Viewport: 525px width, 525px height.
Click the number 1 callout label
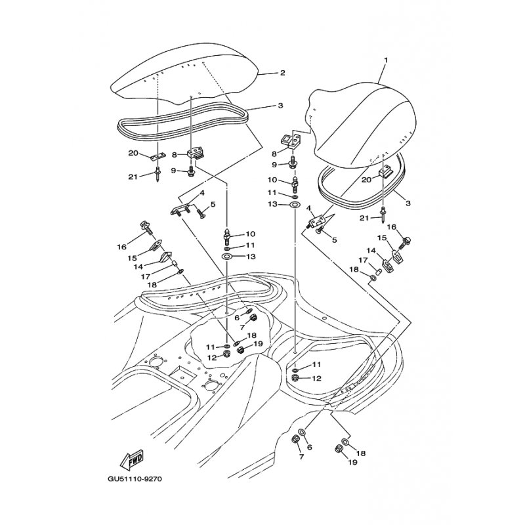(386, 60)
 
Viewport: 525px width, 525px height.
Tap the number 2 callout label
(283, 73)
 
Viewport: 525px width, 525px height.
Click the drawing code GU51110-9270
(135, 479)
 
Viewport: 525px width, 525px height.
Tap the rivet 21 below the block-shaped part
(382, 214)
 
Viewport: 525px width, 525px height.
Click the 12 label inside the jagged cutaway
(212, 358)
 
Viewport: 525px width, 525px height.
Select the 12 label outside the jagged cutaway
(316, 379)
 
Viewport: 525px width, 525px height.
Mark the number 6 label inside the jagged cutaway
(237, 318)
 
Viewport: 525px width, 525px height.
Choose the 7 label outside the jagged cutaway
(302, 457)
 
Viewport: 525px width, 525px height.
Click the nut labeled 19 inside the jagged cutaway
(240, 350)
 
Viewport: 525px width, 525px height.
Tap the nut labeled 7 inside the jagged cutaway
(253, 317)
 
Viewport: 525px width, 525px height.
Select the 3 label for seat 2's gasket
(280, 106)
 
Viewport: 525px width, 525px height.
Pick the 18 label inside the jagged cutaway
(252, 335)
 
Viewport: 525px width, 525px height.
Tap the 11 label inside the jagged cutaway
(210, 346)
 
